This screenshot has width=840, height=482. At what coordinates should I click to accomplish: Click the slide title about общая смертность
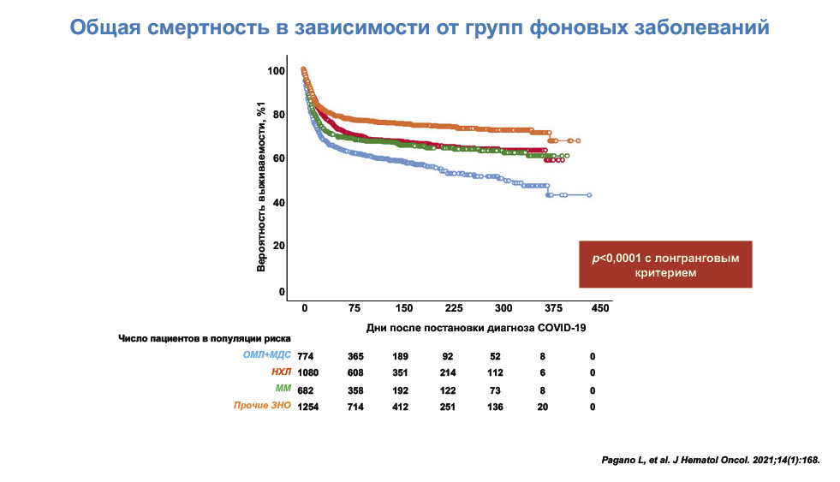pos(419,27)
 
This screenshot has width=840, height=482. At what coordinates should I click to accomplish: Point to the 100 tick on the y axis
pos(275,70)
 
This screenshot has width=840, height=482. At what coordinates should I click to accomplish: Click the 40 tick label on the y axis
pos(277,202)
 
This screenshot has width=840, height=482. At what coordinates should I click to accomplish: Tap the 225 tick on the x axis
pos(454,308)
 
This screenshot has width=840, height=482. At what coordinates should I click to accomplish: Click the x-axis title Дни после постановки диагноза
pos(475,327)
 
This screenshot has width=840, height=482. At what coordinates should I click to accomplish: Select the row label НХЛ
pos(280,373)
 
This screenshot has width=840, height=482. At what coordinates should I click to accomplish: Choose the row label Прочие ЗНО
pos(263,407)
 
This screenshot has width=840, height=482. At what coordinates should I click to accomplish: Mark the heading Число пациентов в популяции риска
pos(204,338)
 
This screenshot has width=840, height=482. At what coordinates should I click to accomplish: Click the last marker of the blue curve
pos(589,195)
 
